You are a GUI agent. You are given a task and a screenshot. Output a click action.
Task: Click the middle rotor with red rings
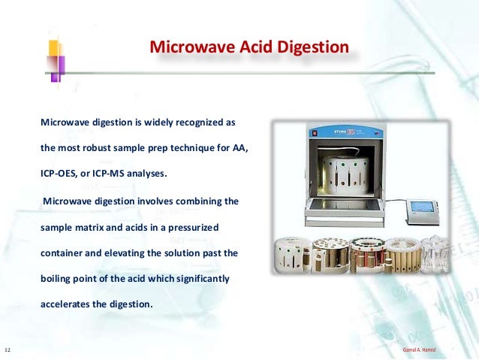point(366,256)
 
